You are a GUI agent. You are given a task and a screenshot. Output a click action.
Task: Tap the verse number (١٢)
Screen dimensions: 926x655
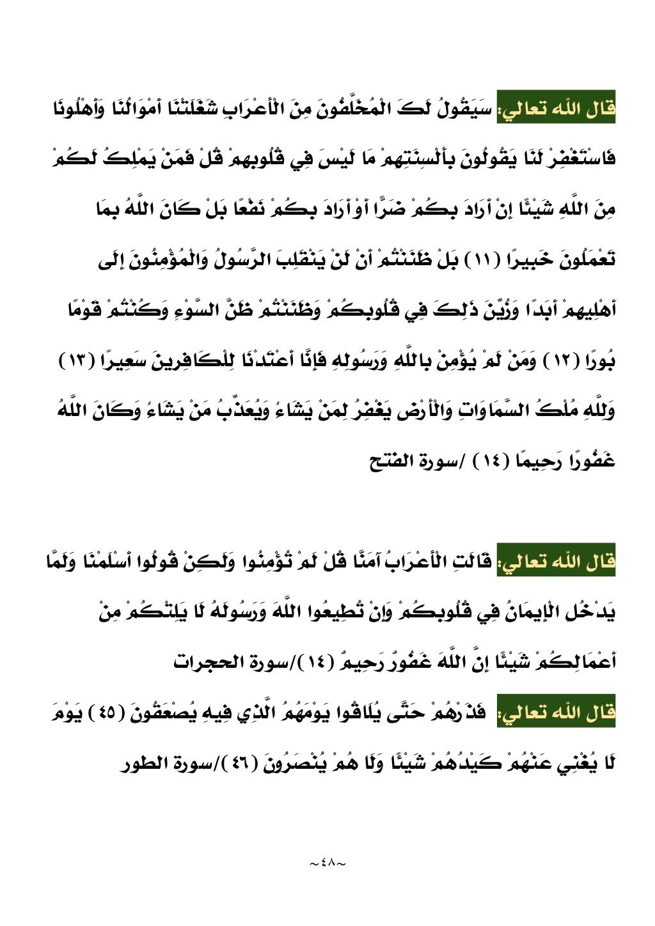coord(546,362)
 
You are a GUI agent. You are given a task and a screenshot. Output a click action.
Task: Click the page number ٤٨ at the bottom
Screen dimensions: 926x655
coord(327,863)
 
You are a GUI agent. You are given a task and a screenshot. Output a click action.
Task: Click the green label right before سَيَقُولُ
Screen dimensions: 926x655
coord(556,110)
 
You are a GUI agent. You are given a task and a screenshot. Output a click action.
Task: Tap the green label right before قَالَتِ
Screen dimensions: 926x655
coord(556,562)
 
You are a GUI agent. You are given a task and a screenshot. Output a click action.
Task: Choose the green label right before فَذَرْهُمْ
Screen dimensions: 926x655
coord(556,712)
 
